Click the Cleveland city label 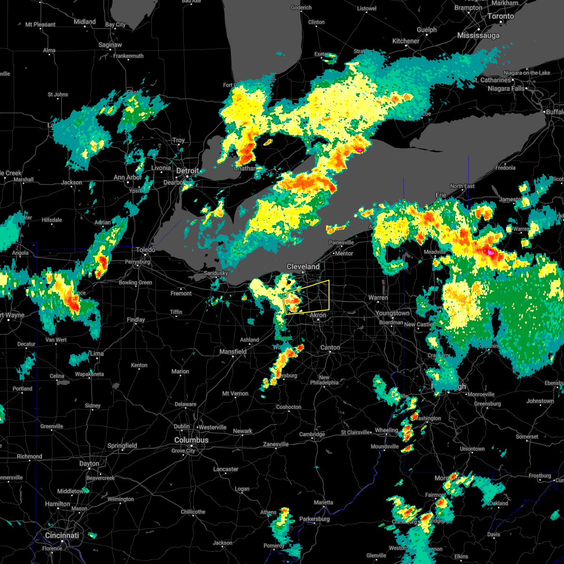pyautogui.click(x=303, y=266)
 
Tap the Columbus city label pyautogui.click(x=191, y=440)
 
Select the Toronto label pyautogui.click(x=500, y=16)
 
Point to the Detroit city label pyautogui.click(x=188, y=171)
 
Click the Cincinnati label pyautogui.click(x=62, y=535)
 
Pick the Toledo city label pyautogui.click(x=145, y=250)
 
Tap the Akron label pyautogui.click(x=318, y=316)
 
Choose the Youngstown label pyautogui.click(x=392, y=313)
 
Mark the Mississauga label pyautogui.click(x=478, y=35)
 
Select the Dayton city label pyautogui.click(x=89, y=463)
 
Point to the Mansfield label pyautogui.click(x=233, y=352)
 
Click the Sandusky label pyautogui.click(x=216, y=273)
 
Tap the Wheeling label pyautogui.click(x=386, y=431)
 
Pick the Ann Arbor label pyautogui.click(x=127, y=178)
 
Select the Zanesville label pyautogui.click(x=276, y=444)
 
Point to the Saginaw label pyautogui.click(x=110, y=45)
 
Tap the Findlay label pyautogui.click(x=136, y=320)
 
